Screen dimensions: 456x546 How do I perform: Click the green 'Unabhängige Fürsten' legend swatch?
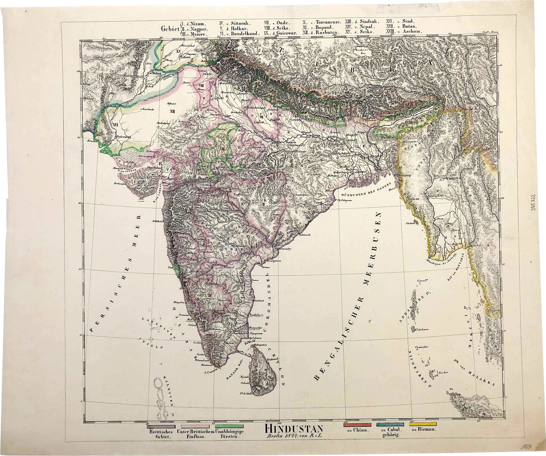pyautogui.click(x=229, y=426)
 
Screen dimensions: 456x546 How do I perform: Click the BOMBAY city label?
pyautogui.click(x=159, y=221)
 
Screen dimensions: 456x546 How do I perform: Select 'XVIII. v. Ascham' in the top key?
pyautogui.click(x=405, y=31)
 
